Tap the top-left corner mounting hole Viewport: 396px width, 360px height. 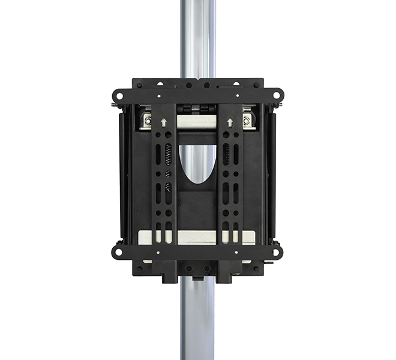coord(118,94)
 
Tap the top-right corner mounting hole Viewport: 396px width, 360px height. coord(277,94)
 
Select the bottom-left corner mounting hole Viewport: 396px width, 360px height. coord(118,251)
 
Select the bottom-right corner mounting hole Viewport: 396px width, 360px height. coord(277,251)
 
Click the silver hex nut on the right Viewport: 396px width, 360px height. coord(246,120)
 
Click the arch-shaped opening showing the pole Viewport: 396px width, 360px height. coord(197,165)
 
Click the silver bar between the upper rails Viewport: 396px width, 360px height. coord(197,122)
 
